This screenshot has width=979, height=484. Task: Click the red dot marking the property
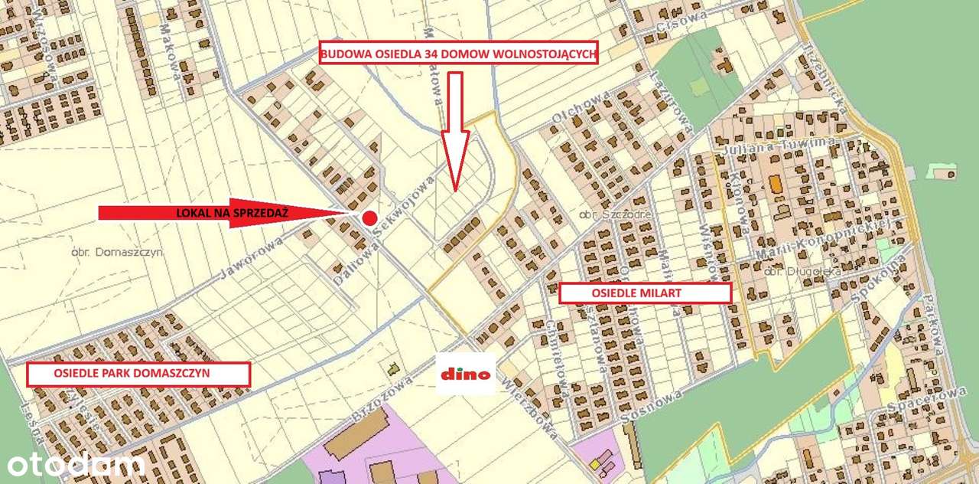pos(369,217)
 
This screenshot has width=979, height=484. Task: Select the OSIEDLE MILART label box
pos(646,293)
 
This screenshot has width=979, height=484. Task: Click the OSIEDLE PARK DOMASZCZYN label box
pos(138,374)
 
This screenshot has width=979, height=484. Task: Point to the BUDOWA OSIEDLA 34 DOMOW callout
pos(458,53)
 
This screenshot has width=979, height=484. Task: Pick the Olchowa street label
pos(581,106)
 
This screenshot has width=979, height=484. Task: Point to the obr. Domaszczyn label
pos(116,251)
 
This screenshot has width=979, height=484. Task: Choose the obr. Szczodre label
pos(615,214)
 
